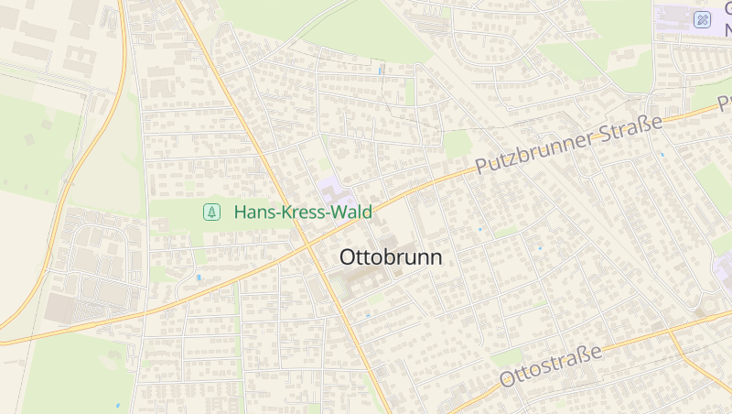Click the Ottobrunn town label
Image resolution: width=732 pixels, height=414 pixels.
coord(391,257)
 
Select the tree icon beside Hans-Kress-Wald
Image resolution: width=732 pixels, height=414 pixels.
coord(212,212)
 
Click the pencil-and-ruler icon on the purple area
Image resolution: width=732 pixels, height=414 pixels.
coord(702,19)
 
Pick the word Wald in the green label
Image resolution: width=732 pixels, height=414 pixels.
coord(350,212)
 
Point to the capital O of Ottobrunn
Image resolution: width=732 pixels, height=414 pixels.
coord(348,257)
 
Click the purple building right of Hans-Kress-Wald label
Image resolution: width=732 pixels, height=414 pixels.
coord(335,194)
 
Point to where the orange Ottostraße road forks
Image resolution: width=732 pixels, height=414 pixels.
coord(671,331)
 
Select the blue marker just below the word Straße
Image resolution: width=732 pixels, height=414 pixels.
coord(662,155)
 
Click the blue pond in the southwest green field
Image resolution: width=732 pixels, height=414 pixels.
coord(117,405)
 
